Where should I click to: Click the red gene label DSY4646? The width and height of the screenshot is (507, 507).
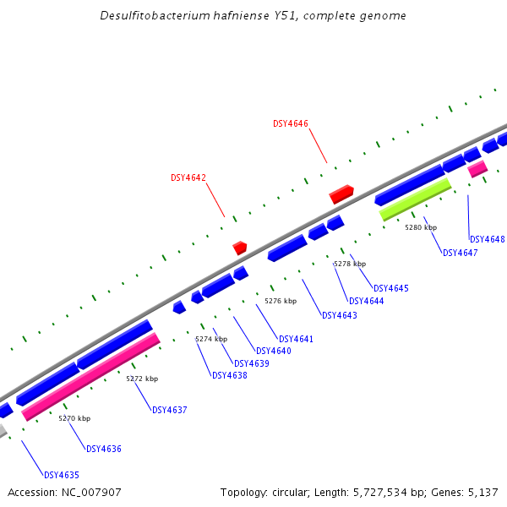tap(291, 123)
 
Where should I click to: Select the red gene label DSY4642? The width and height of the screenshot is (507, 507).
tap(188, 177)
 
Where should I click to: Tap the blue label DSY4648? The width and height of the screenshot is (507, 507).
tap(487, 239)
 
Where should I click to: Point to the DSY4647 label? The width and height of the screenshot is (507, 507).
tap(461, 253)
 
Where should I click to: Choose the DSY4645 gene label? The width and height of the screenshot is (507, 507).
tap(390, 288)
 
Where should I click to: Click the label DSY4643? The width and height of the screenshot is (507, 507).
tap(340, 315)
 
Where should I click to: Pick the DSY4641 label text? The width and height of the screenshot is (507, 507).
tap(296, 339)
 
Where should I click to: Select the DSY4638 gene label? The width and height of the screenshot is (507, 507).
tap(230, 375)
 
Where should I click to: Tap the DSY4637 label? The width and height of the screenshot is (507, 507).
tap(170, 410)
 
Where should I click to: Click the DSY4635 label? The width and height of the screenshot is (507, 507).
tap(62, 475)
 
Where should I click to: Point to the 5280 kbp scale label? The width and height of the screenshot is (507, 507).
tap(421, 227)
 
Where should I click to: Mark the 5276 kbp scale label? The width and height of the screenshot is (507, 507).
tap(281, 301)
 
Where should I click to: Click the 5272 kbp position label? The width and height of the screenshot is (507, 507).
tap(142, 379)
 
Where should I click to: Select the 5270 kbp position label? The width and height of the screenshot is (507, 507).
tap(74, 418)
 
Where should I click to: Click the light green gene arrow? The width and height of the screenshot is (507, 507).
tap(415, 199)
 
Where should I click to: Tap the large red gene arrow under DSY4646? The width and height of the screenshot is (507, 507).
tap(341, 194)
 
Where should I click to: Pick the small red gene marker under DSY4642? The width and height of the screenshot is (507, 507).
tap(240, 248)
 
